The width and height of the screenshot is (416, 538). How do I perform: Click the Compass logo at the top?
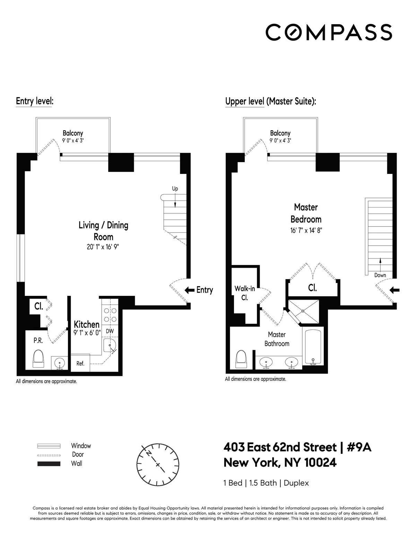[329, 32]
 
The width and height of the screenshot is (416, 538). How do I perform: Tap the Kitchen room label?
[87, 325]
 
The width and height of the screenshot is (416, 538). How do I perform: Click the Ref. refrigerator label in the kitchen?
[80, 363]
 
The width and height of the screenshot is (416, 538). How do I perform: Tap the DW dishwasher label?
[110, 331]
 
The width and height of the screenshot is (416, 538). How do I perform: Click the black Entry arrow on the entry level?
[189, 290]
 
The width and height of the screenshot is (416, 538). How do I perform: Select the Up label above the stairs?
[175, 189]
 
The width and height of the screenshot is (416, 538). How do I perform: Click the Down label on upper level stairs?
[380, 275]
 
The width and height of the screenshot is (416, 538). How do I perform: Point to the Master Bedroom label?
[306, 213]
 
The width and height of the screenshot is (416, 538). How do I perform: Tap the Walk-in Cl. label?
[245, 293]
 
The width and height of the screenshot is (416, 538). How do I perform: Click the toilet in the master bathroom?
[241, 358]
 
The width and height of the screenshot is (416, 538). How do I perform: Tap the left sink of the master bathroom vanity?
[266, 362]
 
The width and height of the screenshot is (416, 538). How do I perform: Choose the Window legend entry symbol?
[49, 446]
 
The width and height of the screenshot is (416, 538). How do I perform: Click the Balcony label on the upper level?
[280, 133]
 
